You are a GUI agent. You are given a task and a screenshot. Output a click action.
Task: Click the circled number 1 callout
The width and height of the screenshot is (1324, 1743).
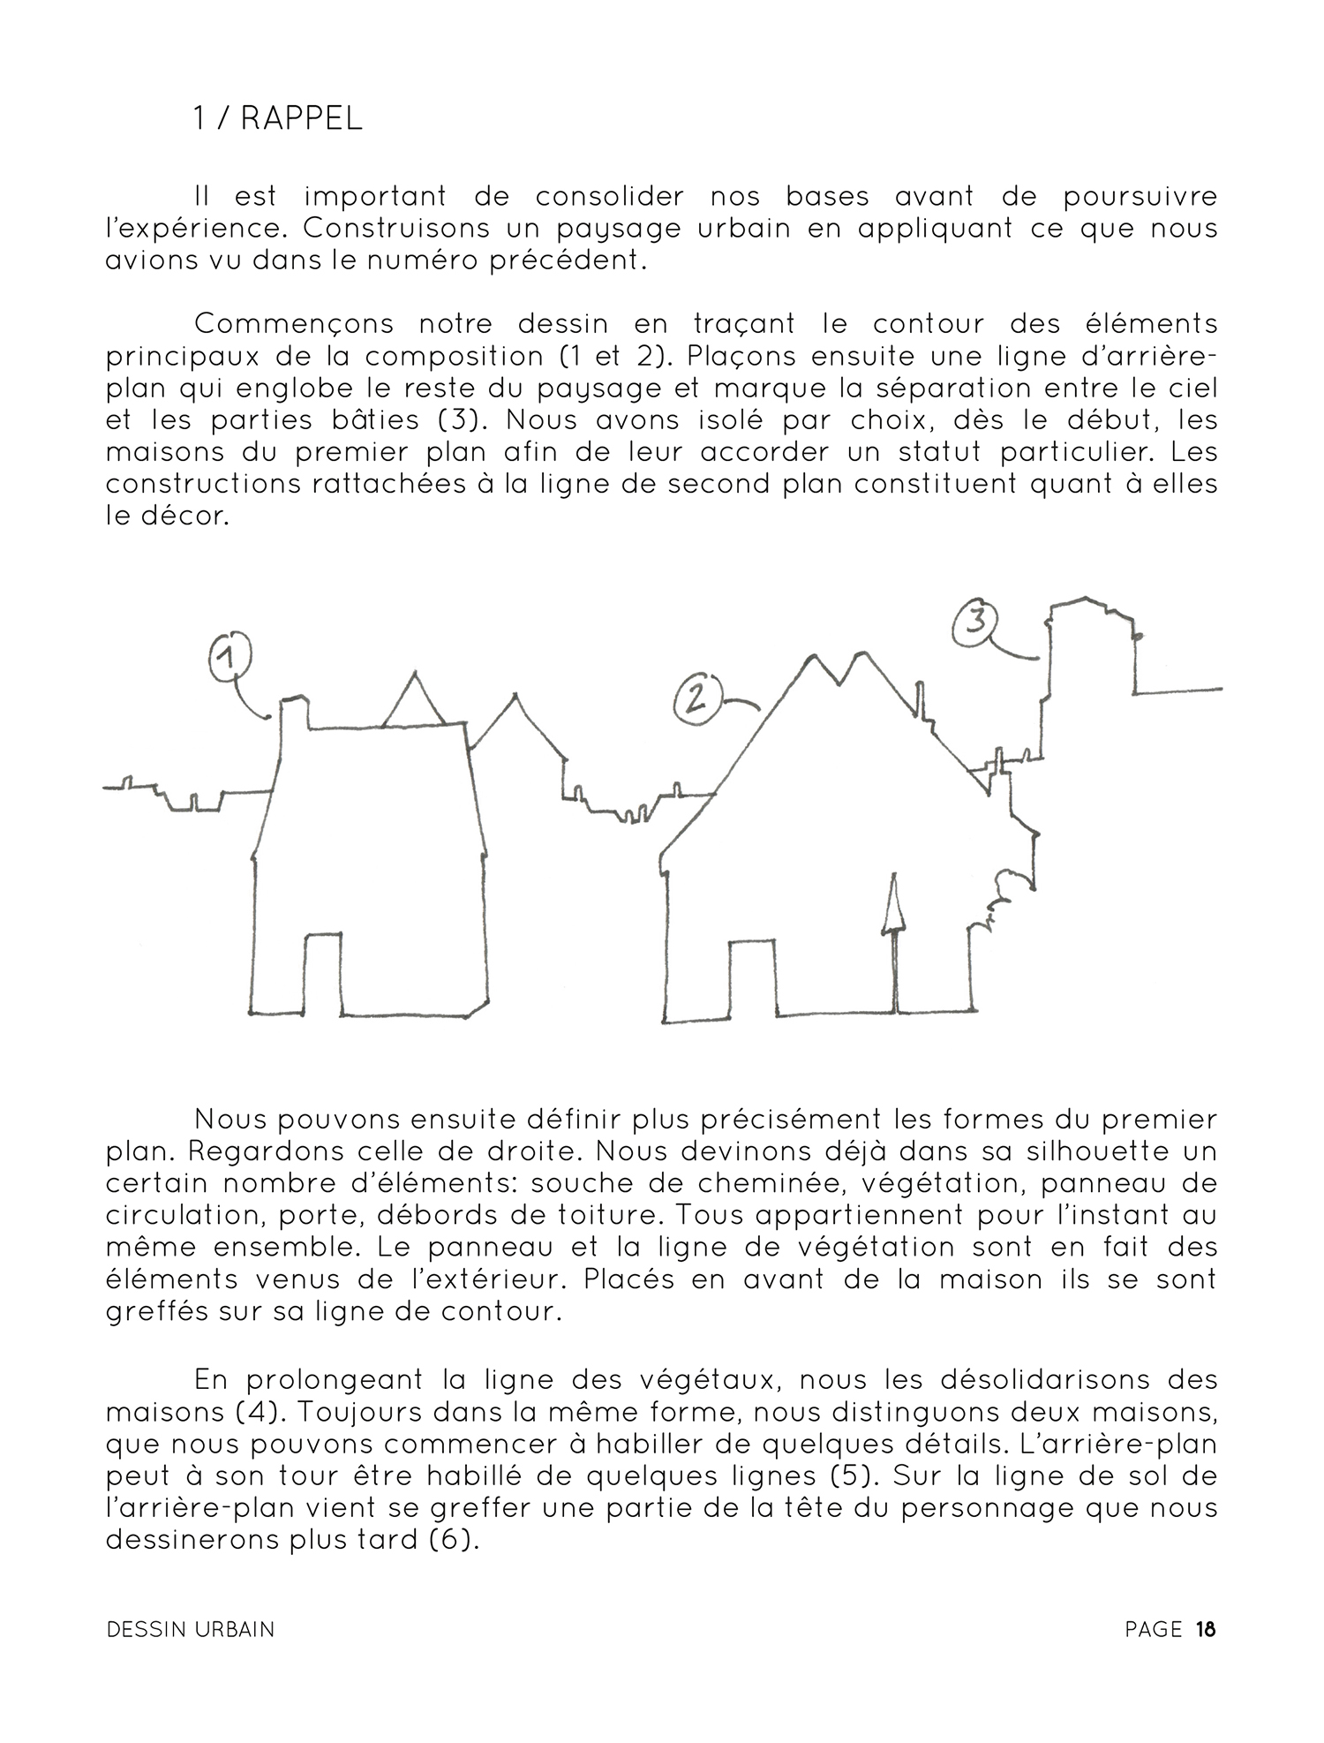[x=229, y=657]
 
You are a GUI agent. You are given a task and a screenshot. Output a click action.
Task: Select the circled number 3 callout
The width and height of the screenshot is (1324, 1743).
[x=974, y=622]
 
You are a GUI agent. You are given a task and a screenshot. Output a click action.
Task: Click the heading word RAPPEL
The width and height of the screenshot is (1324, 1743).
[x=301, y=119]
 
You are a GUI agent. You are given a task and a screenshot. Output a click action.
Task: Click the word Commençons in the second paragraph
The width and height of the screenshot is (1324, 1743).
[x=294, y=324]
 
